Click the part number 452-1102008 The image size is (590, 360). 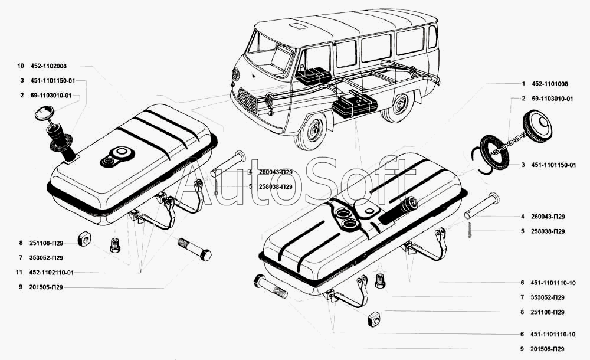click(x=51, y=66)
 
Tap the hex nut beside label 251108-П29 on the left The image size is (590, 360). click(x=83, y=240)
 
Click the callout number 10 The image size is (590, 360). click(x=21, y=66)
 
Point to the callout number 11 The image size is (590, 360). click(x=21, y=273)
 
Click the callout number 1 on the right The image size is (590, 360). click(x=523, y=84)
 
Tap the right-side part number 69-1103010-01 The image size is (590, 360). click(x=552, y=99)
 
